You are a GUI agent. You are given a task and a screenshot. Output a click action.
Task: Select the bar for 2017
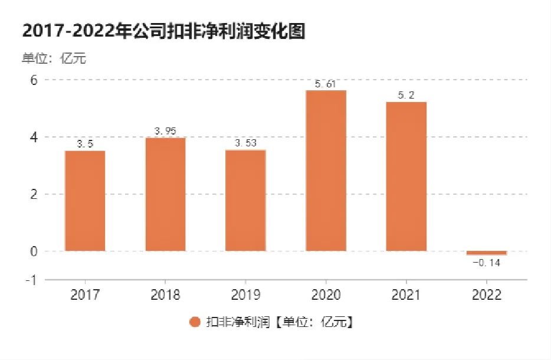[x=85, y=201]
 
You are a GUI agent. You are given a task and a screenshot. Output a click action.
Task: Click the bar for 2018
[x=165, y=194]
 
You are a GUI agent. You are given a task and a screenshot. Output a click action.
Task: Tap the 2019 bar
[x=245, y=200]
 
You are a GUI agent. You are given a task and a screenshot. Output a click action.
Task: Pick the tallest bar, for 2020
[x=326, y=171]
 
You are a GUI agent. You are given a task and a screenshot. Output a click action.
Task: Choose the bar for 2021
[x=406, y=176]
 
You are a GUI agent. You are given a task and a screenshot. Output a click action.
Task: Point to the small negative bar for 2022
[x=486, y=253]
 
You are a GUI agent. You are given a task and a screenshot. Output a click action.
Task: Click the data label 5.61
[x=326, y=84]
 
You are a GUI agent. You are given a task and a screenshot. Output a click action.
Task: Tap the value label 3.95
[x=165, y=131]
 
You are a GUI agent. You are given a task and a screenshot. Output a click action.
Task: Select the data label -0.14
[x=486, y=263]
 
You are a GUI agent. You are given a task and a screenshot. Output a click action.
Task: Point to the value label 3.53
[x=245, y=143]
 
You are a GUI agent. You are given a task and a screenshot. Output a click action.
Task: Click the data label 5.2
[x=406, y=96]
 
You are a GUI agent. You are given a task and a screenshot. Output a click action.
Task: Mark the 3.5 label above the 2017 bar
[x=85, y=144]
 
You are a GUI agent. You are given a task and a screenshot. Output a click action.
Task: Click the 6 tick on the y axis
[x=33, y=80]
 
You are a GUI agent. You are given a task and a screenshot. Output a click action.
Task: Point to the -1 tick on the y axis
[x=31, y=280]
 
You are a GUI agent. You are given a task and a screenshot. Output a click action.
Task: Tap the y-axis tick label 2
[x=33, y=194]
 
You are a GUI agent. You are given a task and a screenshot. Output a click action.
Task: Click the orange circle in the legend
[x=195, y=322]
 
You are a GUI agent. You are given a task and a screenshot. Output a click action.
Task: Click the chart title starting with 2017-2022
[x=163, y=31]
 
